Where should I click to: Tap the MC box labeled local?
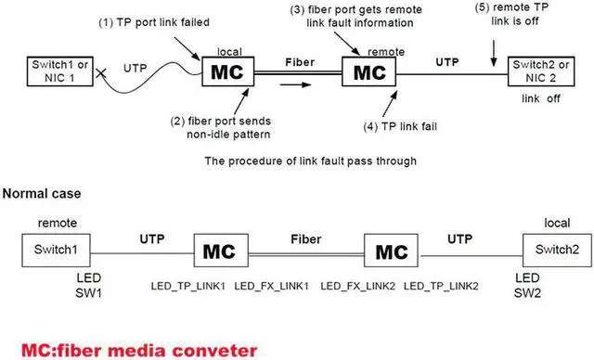tap(228, 71)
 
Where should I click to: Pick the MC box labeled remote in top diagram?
tap(368, 71)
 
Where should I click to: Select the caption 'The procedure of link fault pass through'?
tap(297, 159)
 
